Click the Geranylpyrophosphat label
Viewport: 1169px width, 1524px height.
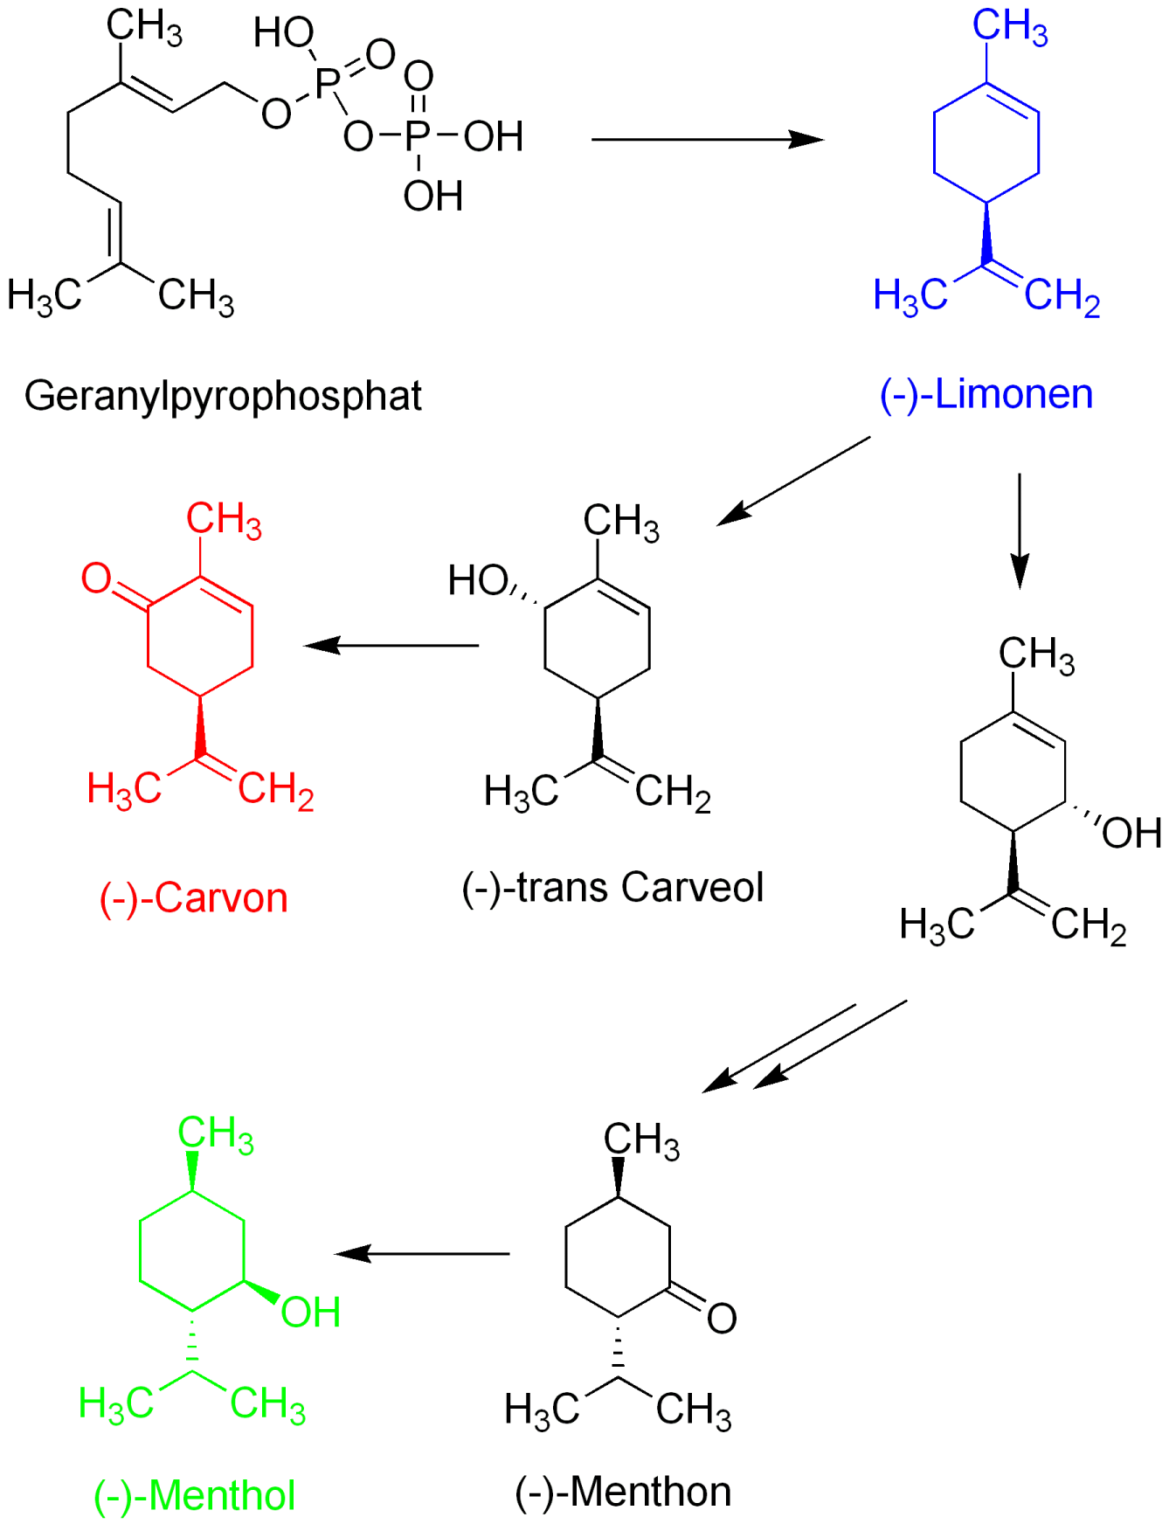coord(223,396)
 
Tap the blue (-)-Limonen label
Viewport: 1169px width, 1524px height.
coord(986,394)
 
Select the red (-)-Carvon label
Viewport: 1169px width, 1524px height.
coord(193,897)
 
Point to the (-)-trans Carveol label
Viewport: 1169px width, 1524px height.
coord(612,887)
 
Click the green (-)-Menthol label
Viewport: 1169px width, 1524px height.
coord(194,1495)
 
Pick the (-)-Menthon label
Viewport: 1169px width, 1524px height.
coord(623,1492)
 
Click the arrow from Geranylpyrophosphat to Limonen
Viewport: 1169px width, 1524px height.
coord(707,139)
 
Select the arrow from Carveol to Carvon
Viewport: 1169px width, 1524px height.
coord(391,646)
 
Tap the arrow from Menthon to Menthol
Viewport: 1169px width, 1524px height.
coord(422,1254)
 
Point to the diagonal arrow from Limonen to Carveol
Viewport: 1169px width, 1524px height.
coord(793,481)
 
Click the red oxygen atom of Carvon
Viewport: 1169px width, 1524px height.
coord(96,578)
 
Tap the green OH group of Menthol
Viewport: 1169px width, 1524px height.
coord(310,1313)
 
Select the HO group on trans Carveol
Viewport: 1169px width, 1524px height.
coord(477,580)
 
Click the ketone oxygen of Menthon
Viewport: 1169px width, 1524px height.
coord(722,1319)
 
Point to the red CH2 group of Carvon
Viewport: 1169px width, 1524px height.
coord(275,790)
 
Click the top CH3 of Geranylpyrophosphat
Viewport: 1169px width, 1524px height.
coord(144,26)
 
